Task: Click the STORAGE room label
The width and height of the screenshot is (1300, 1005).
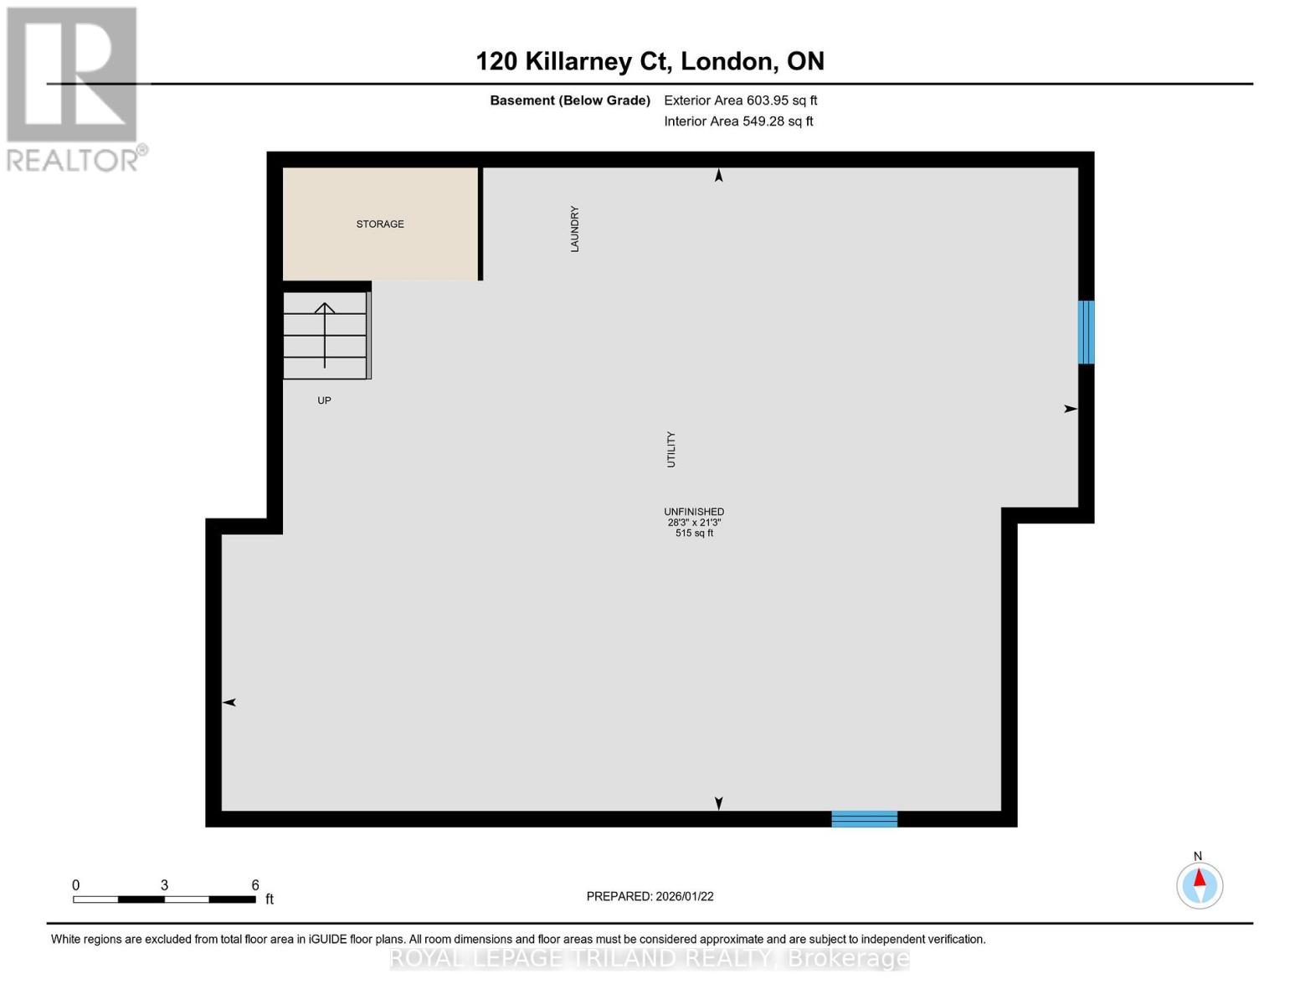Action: click(x=380, y=224)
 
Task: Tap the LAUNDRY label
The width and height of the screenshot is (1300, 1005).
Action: click(x=575, y=229)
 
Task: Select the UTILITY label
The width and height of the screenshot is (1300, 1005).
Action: click(x=671, y=450)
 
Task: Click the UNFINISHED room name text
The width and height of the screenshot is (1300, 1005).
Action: click(x=694, y=512)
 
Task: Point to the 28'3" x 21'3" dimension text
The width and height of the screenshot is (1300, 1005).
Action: click(x=694, y=523)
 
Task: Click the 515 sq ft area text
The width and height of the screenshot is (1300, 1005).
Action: click(x=694, y=533)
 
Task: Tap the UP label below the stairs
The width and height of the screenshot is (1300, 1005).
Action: click(x=324, y=401)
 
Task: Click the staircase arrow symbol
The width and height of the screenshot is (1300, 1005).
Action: click(x=325, y=334)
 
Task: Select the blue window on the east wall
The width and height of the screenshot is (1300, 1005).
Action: click(x=1086, y=332)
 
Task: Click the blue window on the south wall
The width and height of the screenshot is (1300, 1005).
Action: click(x=864, y=819)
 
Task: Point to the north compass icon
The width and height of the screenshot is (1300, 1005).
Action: click(x=1200, y=885)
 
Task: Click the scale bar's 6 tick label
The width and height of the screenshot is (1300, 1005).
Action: click(x=255, y=885)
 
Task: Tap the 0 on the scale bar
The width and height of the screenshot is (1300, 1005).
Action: click(x=76, y=885)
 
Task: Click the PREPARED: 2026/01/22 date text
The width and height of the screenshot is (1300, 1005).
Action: click(x=650, y=896)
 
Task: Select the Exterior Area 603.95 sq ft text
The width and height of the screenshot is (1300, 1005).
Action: click(x=740, y=100)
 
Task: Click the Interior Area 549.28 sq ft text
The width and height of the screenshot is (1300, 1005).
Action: click(x=738, y=121)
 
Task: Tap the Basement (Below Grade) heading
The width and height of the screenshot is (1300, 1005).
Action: click(x=570, y=100)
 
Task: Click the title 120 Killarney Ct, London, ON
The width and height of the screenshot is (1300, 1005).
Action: click(x=650, y=61)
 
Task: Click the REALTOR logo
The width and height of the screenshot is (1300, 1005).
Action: click(x=75, y=89)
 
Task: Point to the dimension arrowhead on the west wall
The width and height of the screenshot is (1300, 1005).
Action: click(x=229, y=703)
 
